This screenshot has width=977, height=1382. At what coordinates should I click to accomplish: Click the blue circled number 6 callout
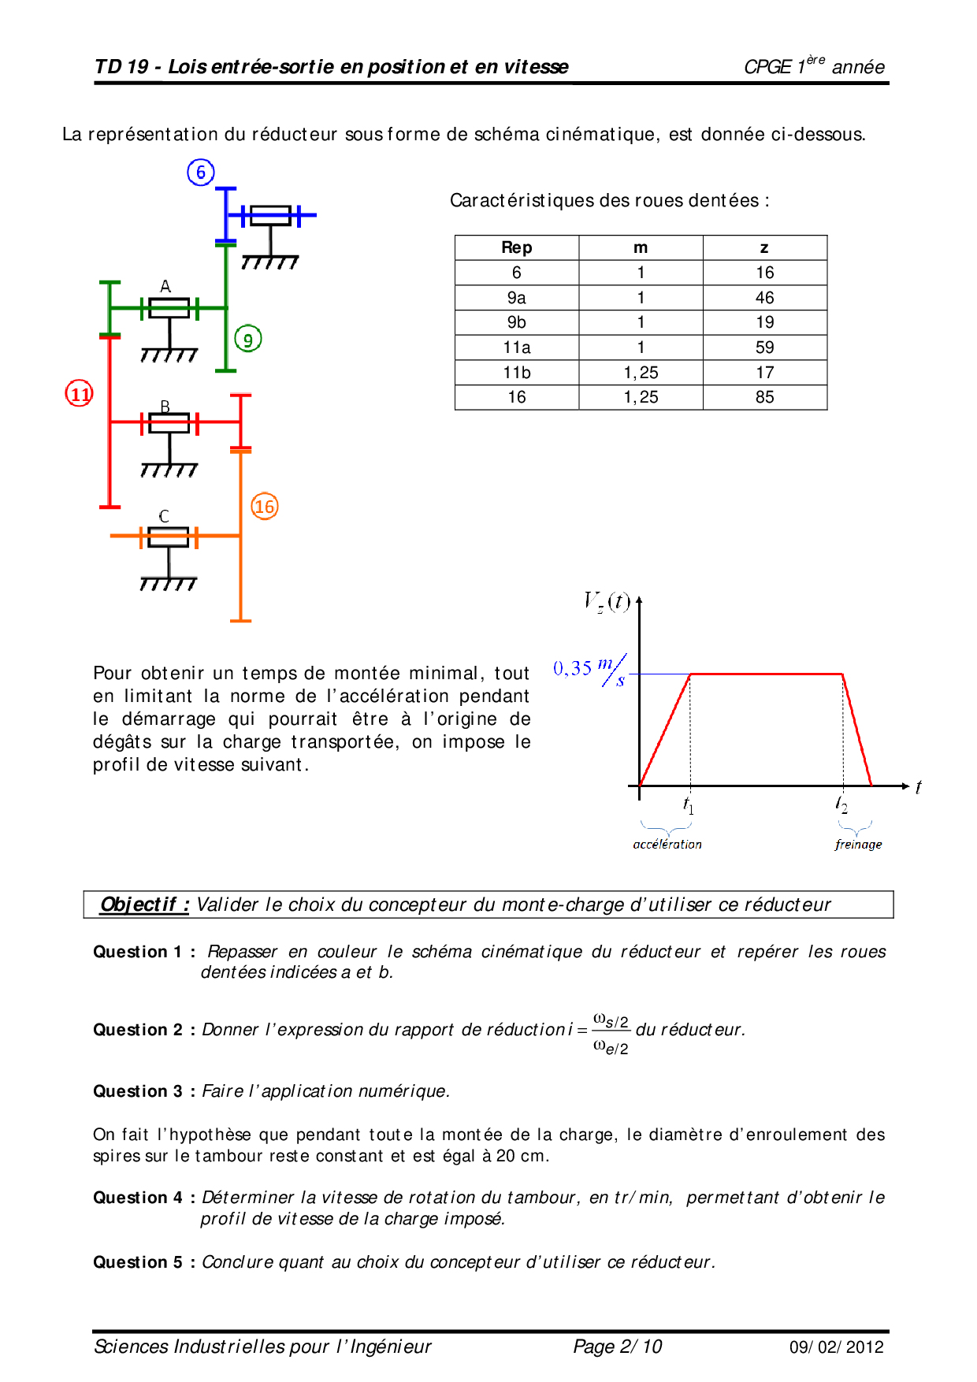tap(201, 173)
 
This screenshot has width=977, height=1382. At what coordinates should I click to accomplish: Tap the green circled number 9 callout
tap(248, 340)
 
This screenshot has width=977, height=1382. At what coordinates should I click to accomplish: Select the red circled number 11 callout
tap(80, 393)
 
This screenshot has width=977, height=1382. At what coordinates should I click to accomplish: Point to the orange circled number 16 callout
tap(265, 507)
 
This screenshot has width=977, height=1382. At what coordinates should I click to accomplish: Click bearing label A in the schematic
tap(165, 286)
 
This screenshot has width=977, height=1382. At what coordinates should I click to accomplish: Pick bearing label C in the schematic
tap(164, 516)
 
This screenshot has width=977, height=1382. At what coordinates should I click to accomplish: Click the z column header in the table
tap(764, 247)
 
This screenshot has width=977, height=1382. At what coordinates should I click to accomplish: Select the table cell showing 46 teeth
tap(764, 298)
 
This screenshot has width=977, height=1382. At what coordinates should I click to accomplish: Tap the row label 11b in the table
tap(517, 373)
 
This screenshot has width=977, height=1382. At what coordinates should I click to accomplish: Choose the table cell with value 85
tap(764, 397)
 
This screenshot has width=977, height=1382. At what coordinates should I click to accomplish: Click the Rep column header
tap(517, 247)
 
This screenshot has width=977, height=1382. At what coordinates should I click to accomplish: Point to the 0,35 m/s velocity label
tap(589, 671)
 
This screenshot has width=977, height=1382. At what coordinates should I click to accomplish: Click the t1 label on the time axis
tap(689, 805)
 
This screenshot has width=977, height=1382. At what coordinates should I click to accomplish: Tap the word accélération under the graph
tap(667, 845)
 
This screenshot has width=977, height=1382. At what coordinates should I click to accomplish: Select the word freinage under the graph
tap(858, 845)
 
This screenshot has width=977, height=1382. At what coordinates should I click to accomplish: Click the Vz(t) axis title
tap(607, 602)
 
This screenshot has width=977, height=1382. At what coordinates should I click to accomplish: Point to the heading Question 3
tap(138, 1091)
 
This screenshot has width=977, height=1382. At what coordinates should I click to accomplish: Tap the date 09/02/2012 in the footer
tap(837, 1347)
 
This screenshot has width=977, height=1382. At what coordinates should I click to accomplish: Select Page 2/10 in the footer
tap(618, 1347)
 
